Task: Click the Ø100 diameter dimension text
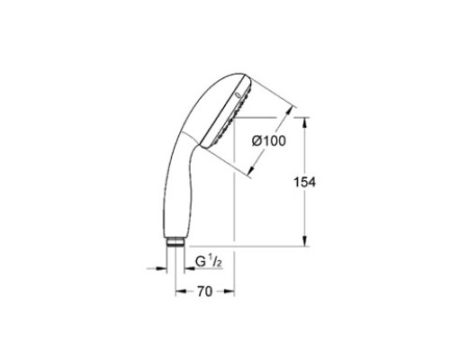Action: [269, 141]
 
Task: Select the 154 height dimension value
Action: [304, 182]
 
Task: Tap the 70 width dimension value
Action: [204, 292]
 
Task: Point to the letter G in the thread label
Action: [201, 262]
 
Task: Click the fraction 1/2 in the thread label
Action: [215, 261]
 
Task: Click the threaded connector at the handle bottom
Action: [175, 242]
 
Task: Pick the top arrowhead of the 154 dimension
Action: [304, 123]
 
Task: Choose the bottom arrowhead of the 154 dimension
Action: [304, 240]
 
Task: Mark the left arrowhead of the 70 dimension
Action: [181, 292]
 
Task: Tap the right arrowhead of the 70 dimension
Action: [229, 292]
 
